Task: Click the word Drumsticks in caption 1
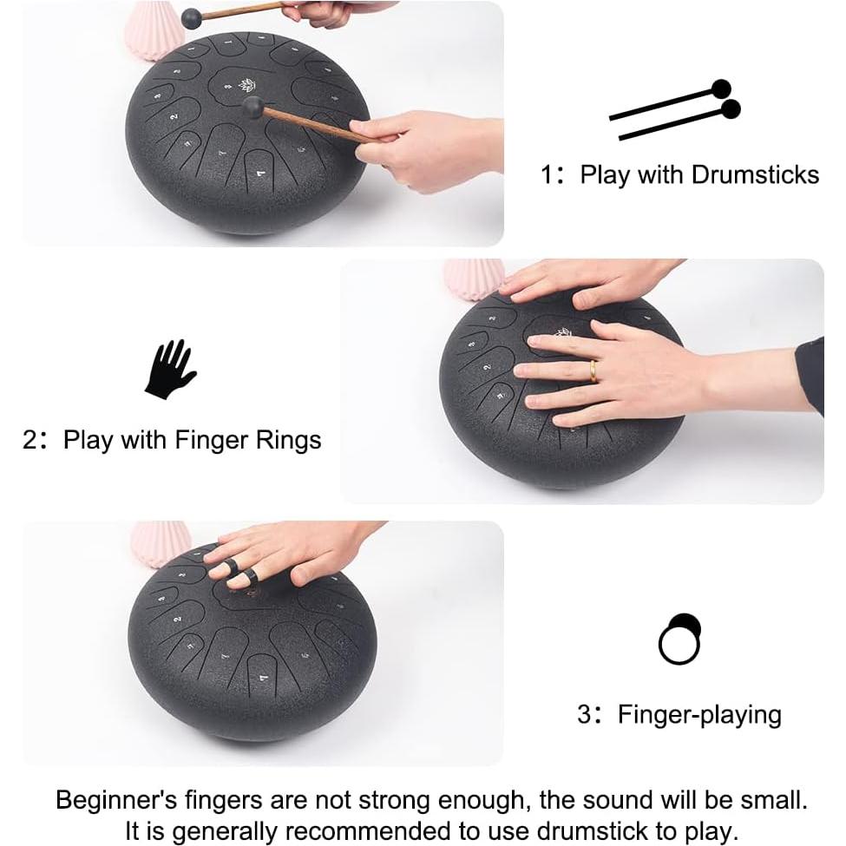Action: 755,174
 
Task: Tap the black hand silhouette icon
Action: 170,370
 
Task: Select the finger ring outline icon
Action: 679,639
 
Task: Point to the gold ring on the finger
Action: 593,371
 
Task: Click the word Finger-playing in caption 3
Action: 699,715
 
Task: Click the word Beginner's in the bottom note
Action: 116,800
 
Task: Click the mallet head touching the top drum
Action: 253,107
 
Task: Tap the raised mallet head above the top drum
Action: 192,19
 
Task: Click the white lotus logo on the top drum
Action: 246,85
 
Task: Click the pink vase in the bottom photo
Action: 161,542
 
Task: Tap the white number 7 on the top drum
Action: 261,174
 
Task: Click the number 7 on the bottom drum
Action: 263,677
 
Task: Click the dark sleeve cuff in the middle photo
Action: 810,376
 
